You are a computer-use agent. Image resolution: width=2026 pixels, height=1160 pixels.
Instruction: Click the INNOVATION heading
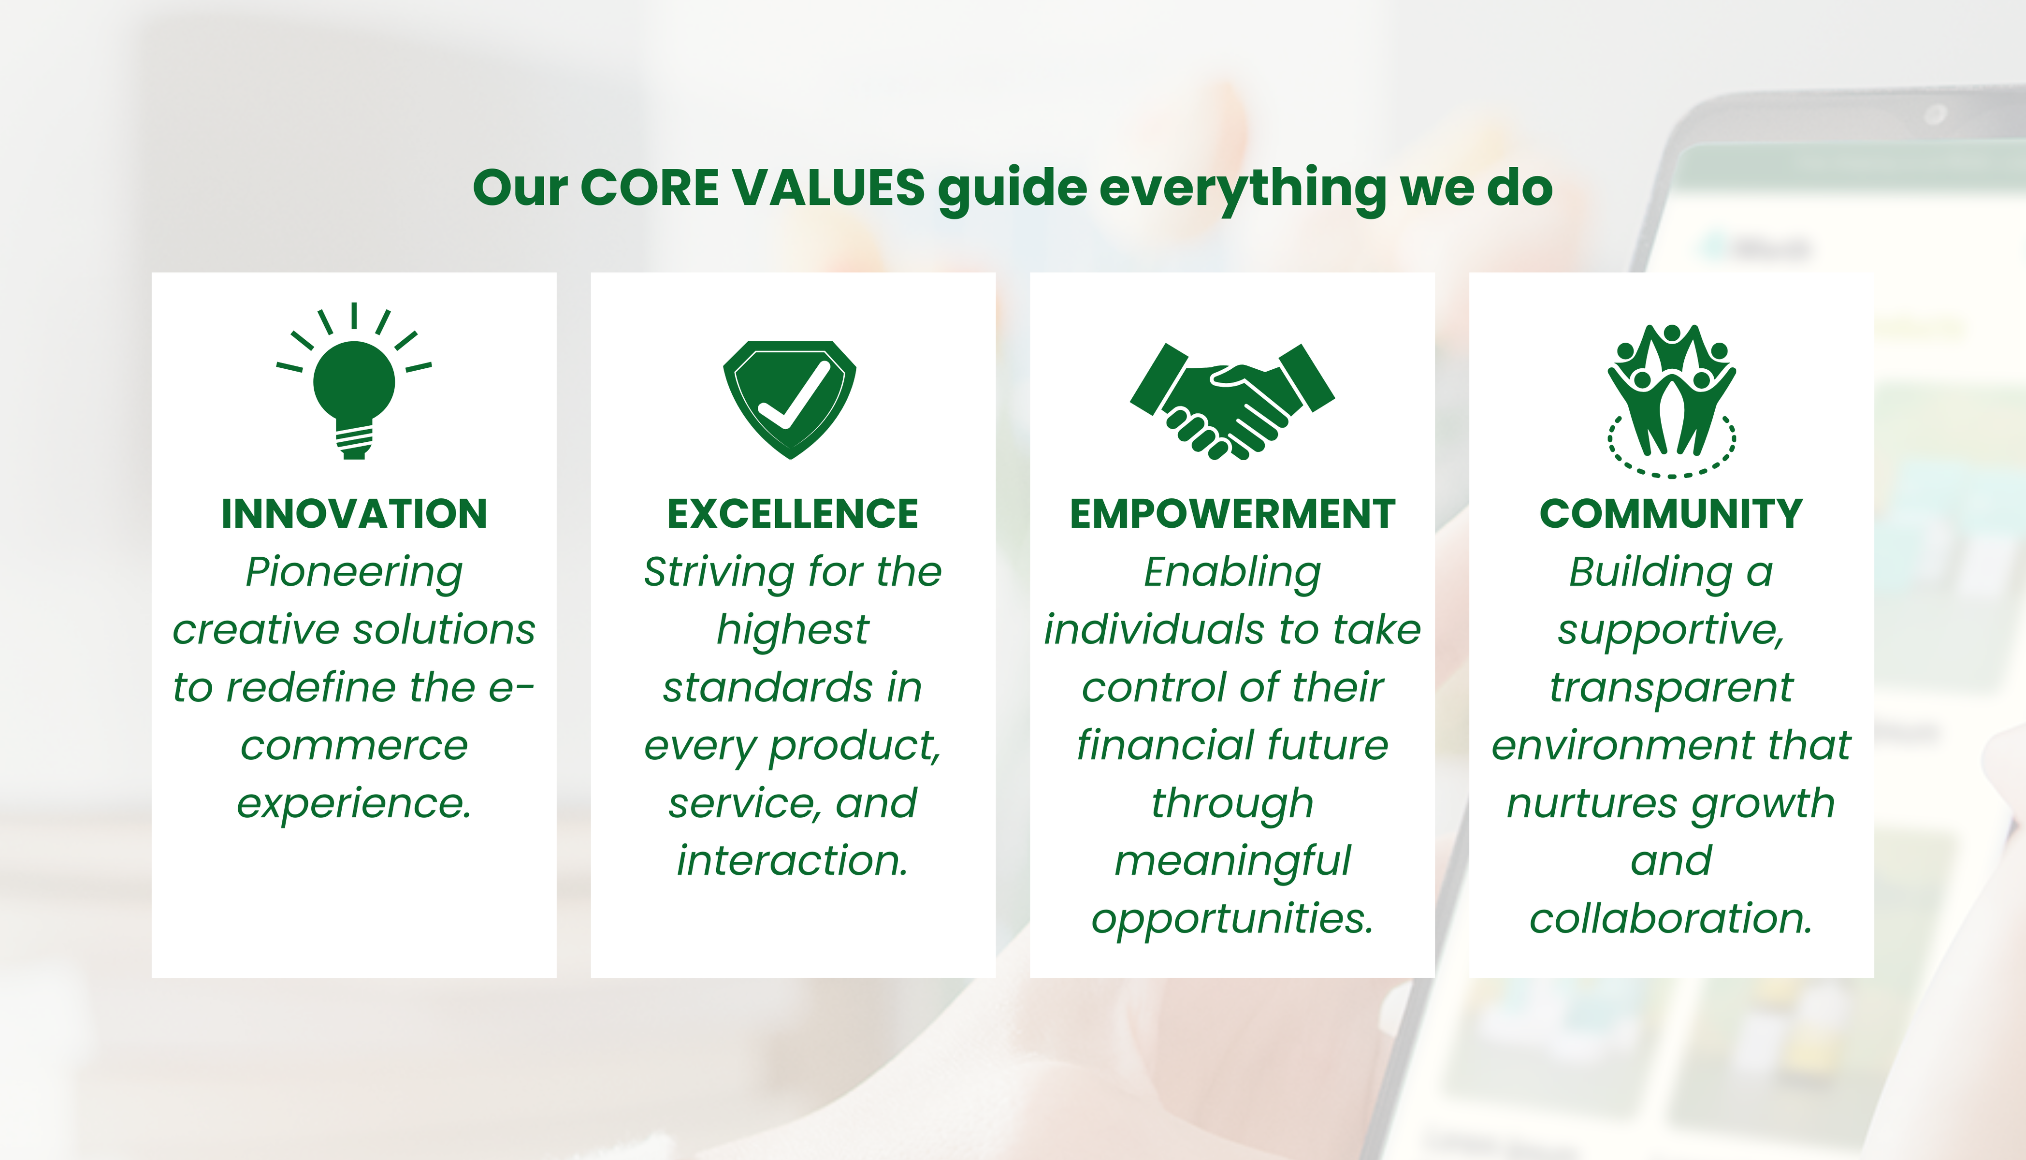point(354,514)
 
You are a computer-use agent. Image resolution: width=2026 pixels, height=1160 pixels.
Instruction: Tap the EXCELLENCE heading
point(793,514)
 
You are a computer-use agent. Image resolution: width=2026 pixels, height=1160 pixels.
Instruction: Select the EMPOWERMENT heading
point(1232,514)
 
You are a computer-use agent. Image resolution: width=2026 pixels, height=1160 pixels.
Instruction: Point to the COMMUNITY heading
point(1671,514)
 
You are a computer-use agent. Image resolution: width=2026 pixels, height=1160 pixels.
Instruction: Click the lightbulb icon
point(354,382)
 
